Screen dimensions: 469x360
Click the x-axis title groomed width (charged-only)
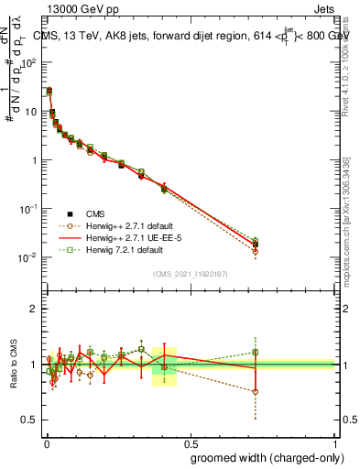(x=262, y=457)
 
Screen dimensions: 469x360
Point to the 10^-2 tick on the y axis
(x=29, y=256)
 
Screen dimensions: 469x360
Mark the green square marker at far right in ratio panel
(x=256, y=352)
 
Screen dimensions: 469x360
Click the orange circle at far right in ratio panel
(x=256, y=391)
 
